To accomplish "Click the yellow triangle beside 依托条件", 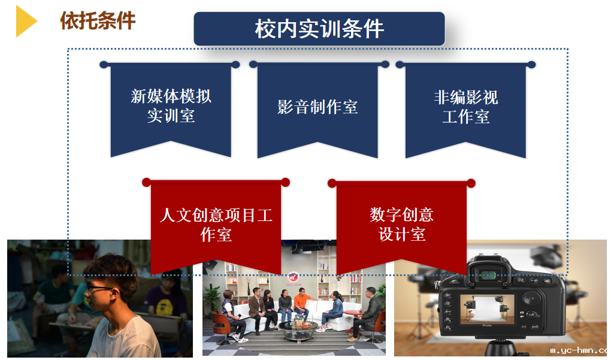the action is pyautogui.click(x=25, y=21).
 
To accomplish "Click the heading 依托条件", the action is pyautogui.click(x=98, y=21).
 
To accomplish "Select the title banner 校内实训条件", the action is pyautogui.click(x=319, y=29).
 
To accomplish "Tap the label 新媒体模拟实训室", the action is pyautogui.click(x=171, y=106).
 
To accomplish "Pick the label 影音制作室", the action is pyautogui.click(x=317, y=107).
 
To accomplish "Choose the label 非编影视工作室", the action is pyautogui.click(x=465, y=107).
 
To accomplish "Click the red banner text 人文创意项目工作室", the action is pyautogui.click(x=216, y=225).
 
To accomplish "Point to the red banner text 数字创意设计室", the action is pyautogui.click(x=402, y=225).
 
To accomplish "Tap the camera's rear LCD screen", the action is pyautogui.click(x=486, y=310).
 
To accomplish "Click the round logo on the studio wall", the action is pyautogui.click(x=294, y=277).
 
